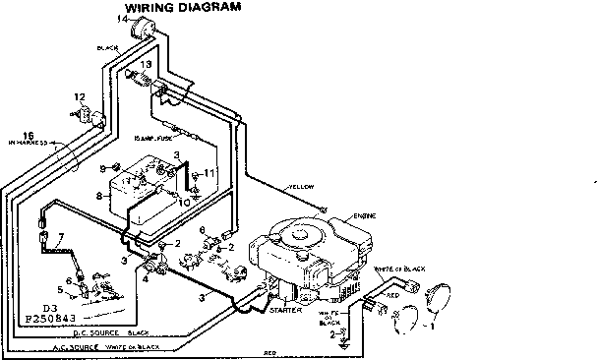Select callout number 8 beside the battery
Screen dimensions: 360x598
pyautogui.click(x=98, y=197)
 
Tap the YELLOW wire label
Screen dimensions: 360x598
pyautogui.click(x=301, y=187)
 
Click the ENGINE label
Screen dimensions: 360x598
pyautogui.click(x=350, y=214)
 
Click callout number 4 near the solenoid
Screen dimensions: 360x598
pyautogui.click(x=146, y=278)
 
